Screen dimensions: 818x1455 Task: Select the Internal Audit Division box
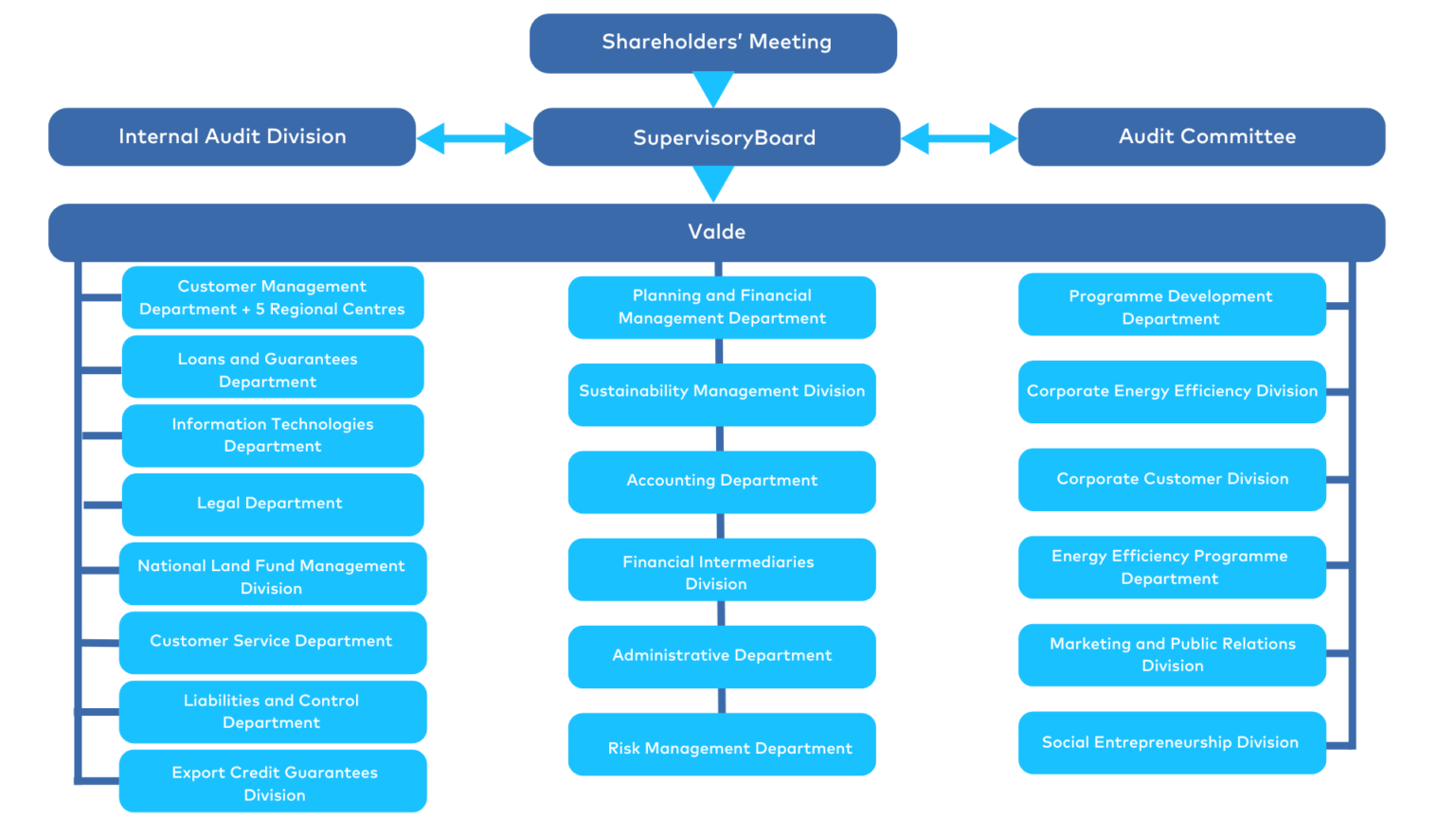pos(232,136)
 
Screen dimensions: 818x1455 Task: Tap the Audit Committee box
pos(1201,136)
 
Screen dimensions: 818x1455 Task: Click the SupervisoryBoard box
pos(717,137)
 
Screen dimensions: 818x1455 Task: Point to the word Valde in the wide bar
pos(716,232)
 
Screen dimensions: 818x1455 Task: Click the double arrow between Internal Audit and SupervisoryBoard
pos(474,138)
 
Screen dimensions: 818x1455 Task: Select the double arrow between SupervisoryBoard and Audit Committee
pos(959,138)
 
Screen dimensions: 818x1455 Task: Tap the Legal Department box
pos(273,504)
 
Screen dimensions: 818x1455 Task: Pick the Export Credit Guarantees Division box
pos(273,781)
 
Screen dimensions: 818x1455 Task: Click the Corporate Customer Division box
pos(1172,479)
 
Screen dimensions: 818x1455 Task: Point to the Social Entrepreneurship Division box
pos(1172,742)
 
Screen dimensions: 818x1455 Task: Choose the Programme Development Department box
pos(1172,305)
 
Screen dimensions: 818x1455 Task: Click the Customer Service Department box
pos(273,642)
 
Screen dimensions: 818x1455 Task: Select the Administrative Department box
pos(722,656)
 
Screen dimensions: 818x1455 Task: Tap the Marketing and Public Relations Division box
pos(1172,654)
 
